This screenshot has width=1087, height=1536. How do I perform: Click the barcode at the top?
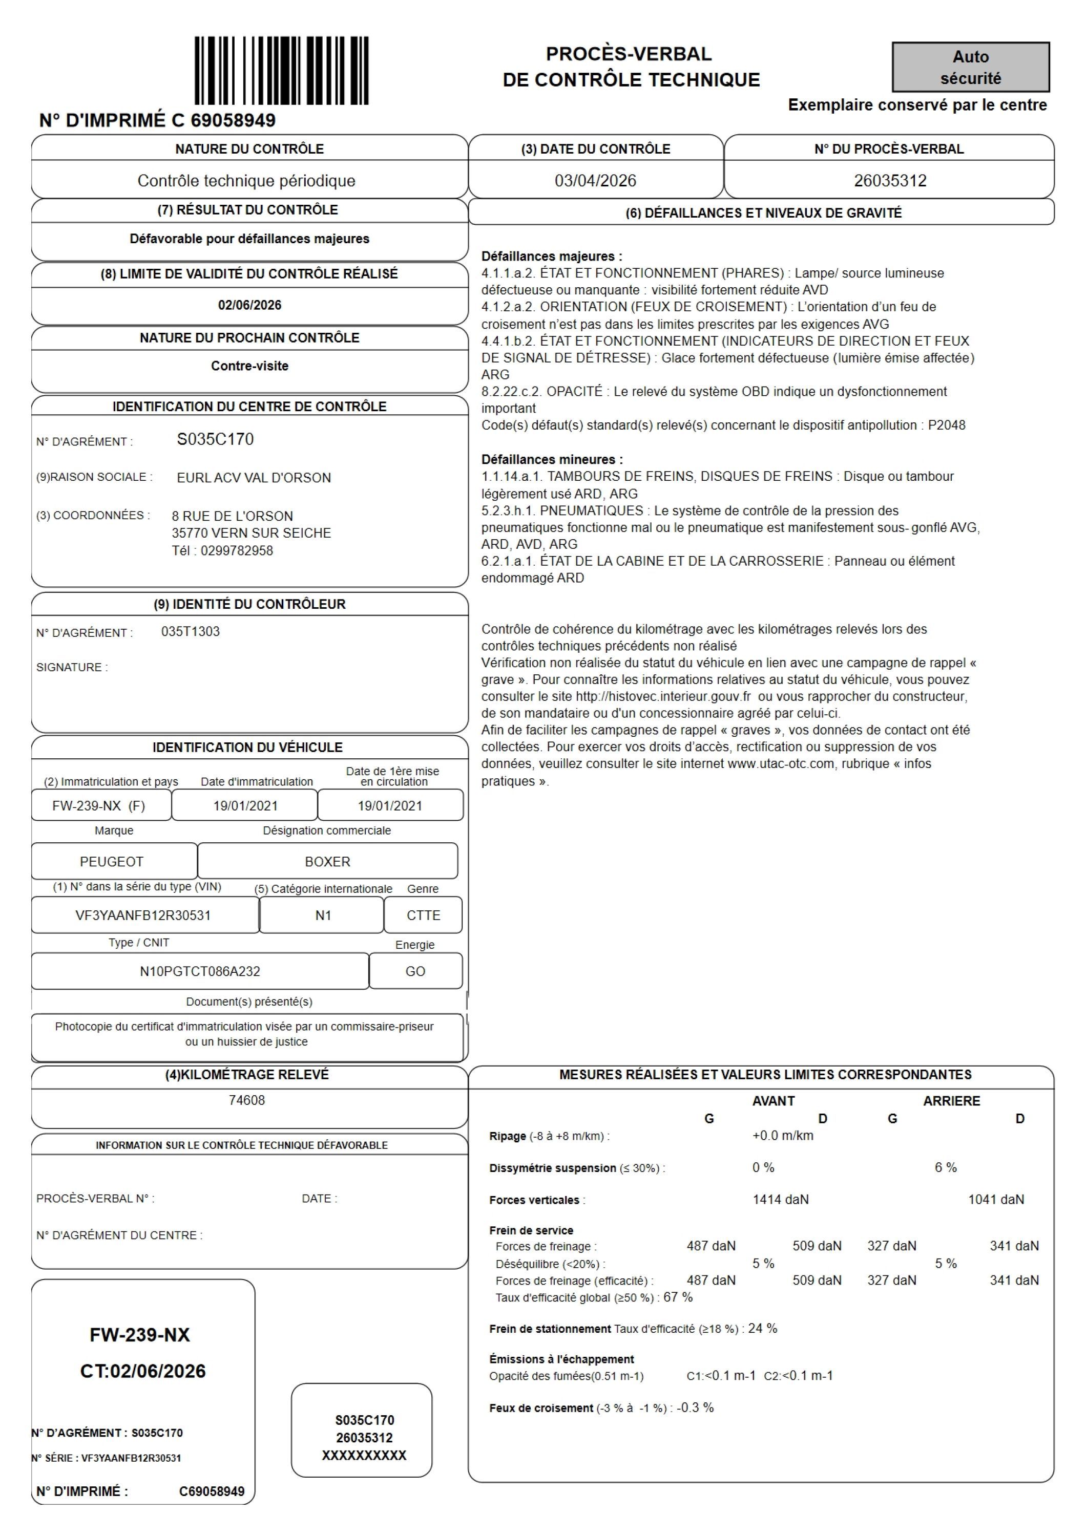[x=281, y=70]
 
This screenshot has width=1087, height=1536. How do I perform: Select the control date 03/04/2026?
[x=595, y=181]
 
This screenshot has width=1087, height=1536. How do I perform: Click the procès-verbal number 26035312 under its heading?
[x=890, y=181]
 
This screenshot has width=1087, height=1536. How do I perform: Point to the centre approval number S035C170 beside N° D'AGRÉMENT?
[x=215, y=439]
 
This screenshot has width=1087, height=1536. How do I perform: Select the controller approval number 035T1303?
[x=190, y=631]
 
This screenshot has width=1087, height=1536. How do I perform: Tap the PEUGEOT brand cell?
[x=112, y=862]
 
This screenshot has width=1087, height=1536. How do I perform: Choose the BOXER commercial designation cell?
[x=327, y=862]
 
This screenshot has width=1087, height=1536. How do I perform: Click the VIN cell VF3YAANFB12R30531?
[x=143, y=915]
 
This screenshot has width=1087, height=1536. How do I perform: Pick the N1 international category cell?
[x=323, y=915]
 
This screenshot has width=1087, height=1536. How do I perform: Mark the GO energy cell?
[x=415, y=971]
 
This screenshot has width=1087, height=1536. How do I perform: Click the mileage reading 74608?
[x=246, y=1100]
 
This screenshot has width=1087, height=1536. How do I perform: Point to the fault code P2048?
[x=947, y=425]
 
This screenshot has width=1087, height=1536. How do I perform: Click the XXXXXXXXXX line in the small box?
[x=364, y=1455]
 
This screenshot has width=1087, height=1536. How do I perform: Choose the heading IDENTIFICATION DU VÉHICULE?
[x=247, y=747]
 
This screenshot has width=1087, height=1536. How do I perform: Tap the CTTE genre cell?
[x=423, y=915]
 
